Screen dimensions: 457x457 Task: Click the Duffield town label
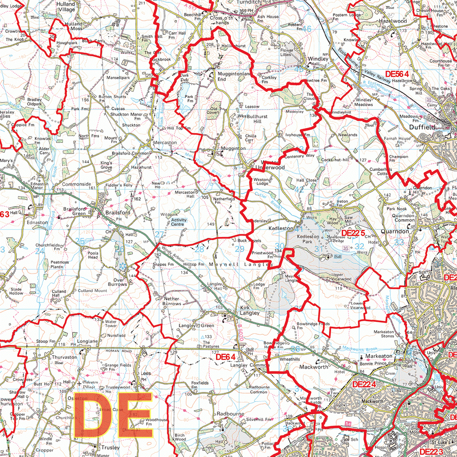422,127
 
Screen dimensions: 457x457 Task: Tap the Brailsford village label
118,213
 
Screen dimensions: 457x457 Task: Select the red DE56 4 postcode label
403,75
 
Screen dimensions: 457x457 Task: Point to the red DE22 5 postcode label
353,233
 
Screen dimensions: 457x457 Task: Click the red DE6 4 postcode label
225,357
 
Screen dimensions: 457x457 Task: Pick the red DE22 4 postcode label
363,384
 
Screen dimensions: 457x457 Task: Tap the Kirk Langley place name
249,310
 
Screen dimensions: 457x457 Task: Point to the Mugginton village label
233,148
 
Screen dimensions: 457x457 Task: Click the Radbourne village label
230,414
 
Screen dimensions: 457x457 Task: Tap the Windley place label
318,59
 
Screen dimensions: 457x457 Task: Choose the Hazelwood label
393,21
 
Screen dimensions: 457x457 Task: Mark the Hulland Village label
66,6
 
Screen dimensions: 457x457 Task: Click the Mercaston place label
165,143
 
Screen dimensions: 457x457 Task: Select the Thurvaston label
64,357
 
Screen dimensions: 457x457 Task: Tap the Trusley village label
110,447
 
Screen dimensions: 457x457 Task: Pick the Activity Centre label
179,222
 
